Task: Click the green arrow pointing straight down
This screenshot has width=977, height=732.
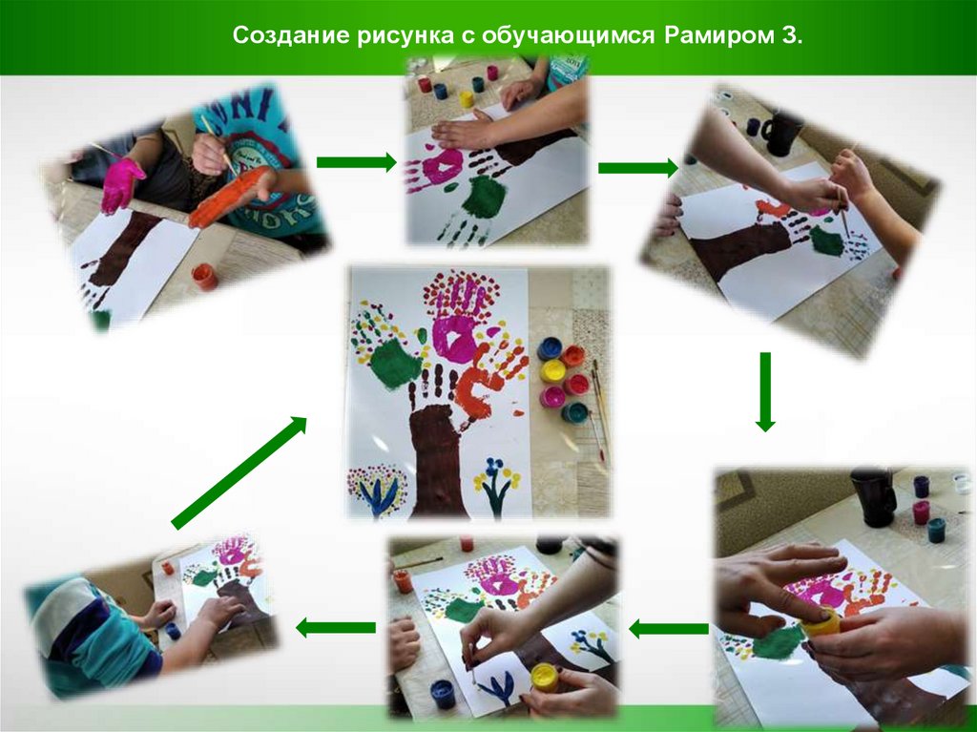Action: point(765,391)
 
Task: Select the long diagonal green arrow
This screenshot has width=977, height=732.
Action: point(239,472)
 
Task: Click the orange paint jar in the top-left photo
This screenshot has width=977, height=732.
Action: point(204,277)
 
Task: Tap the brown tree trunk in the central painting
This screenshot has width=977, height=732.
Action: point(436,460)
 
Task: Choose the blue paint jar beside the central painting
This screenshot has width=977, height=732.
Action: point(550,348)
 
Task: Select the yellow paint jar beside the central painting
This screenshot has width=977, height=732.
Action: point(552,370)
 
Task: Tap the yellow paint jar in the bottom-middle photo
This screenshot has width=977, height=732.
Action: point(544,678)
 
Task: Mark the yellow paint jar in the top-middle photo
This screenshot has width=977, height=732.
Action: point(466,98)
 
